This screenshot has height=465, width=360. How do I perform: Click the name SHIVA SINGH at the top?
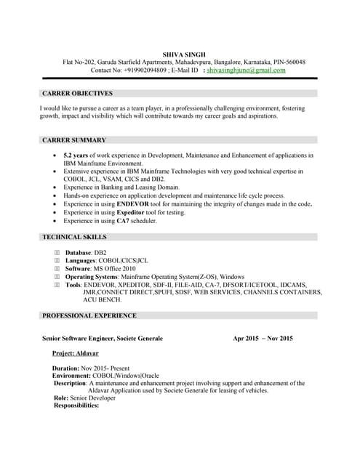pos(184,54)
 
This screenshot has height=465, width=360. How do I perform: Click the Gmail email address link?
pos(246,70)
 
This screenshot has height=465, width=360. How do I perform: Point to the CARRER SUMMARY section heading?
pos(74,139)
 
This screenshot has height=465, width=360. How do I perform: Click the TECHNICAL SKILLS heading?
pos(74,237)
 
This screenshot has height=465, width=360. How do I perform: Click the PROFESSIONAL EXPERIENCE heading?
pos(89,315)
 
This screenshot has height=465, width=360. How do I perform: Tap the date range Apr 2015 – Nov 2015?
pos(263,339)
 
